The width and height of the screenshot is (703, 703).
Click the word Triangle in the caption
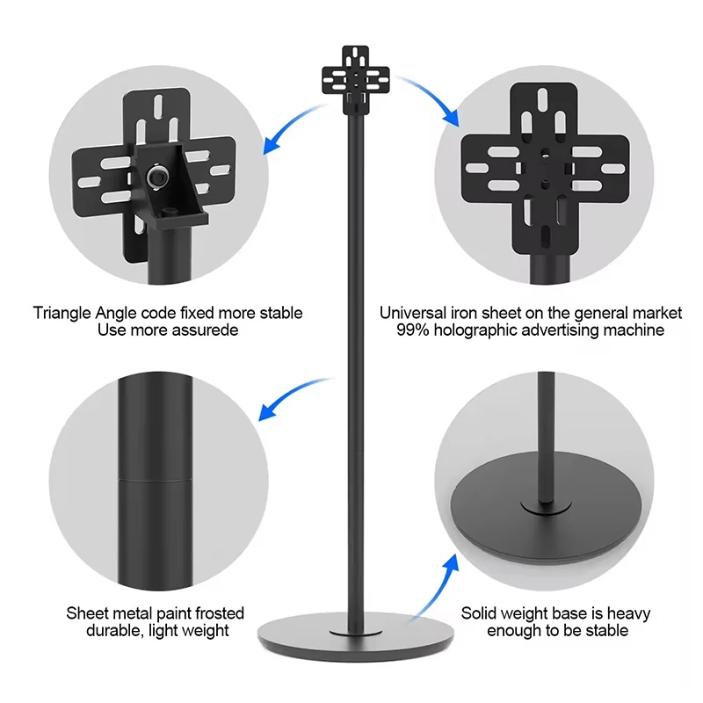[x=62, y=314]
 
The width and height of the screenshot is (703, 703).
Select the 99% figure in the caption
[x=412, y=330]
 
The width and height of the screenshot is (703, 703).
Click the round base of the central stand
[x=356, y=636]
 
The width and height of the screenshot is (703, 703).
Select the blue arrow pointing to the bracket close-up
[x=292, y=127]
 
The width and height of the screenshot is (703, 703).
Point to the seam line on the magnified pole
[x=156, y=480]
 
